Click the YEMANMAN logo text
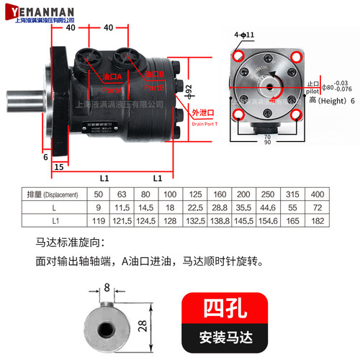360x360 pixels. [44, 9]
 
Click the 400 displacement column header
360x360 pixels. [317, 194]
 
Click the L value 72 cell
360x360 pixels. [317, 206]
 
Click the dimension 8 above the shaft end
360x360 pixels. [108, 287]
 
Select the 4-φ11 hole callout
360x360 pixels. [243, 35]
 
